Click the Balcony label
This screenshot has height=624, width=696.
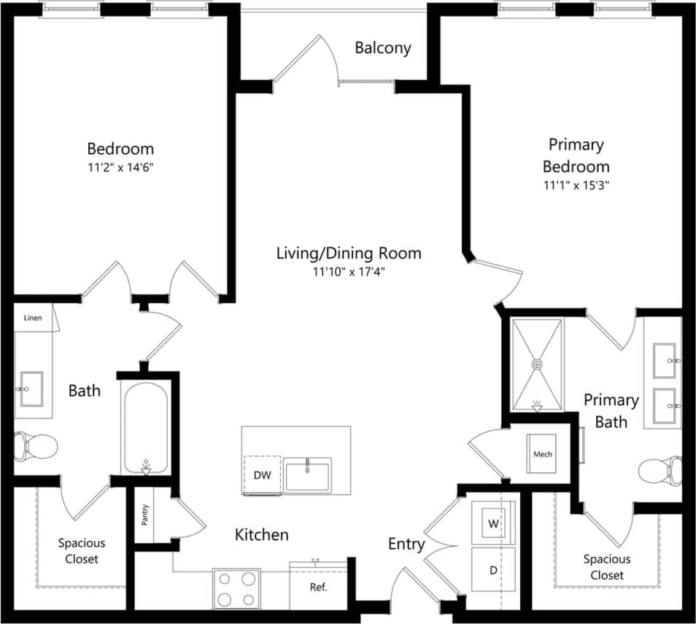coord(383,48)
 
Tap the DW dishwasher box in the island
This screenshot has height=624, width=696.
coord(263,475)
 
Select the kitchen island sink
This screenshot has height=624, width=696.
coord(308,475)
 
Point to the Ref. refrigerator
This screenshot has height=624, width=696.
coord(318,587)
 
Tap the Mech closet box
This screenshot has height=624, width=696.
coord(543,454)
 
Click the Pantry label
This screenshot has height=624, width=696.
coord(144,515)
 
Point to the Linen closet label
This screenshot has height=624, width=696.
coord(33,318)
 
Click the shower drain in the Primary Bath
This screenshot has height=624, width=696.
coord(538,363)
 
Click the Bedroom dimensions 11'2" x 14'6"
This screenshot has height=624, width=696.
coord(120,167)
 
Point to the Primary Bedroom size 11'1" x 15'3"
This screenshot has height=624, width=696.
coord(576,184)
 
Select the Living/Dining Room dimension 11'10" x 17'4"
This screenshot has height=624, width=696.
coord(348,273)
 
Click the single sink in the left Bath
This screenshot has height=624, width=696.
coord(31,389)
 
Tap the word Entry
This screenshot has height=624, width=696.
coord(406,544)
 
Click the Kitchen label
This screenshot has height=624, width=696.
coord(261,535)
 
